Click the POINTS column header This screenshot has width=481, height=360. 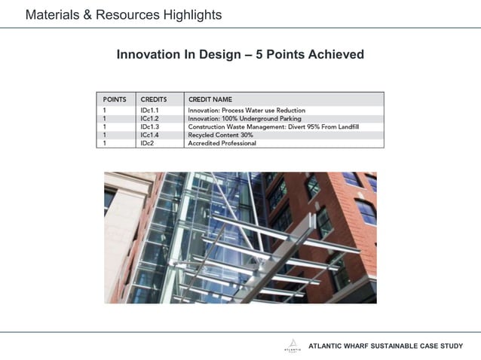click(x=115, y=99)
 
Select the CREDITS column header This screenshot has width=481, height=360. click(x=153, y=99)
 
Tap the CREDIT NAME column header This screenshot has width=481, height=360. click(x=210, y=99)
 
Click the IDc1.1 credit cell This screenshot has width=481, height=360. click(x=149, y=111)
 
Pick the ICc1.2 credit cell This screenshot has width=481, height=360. click(x=149, y=119)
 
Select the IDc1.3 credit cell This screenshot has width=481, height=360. click(x=149, y=127)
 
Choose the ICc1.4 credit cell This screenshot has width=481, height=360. click(x=149, y=135)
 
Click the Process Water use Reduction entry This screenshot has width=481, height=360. click(x=247, y=111)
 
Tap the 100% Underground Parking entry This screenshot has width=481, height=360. click(x=244, y=119)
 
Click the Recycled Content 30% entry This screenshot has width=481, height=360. click(x=220, y=135)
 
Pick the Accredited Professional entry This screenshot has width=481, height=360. click(x=222, y=143)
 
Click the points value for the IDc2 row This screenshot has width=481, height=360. click(x=105, y=143)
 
